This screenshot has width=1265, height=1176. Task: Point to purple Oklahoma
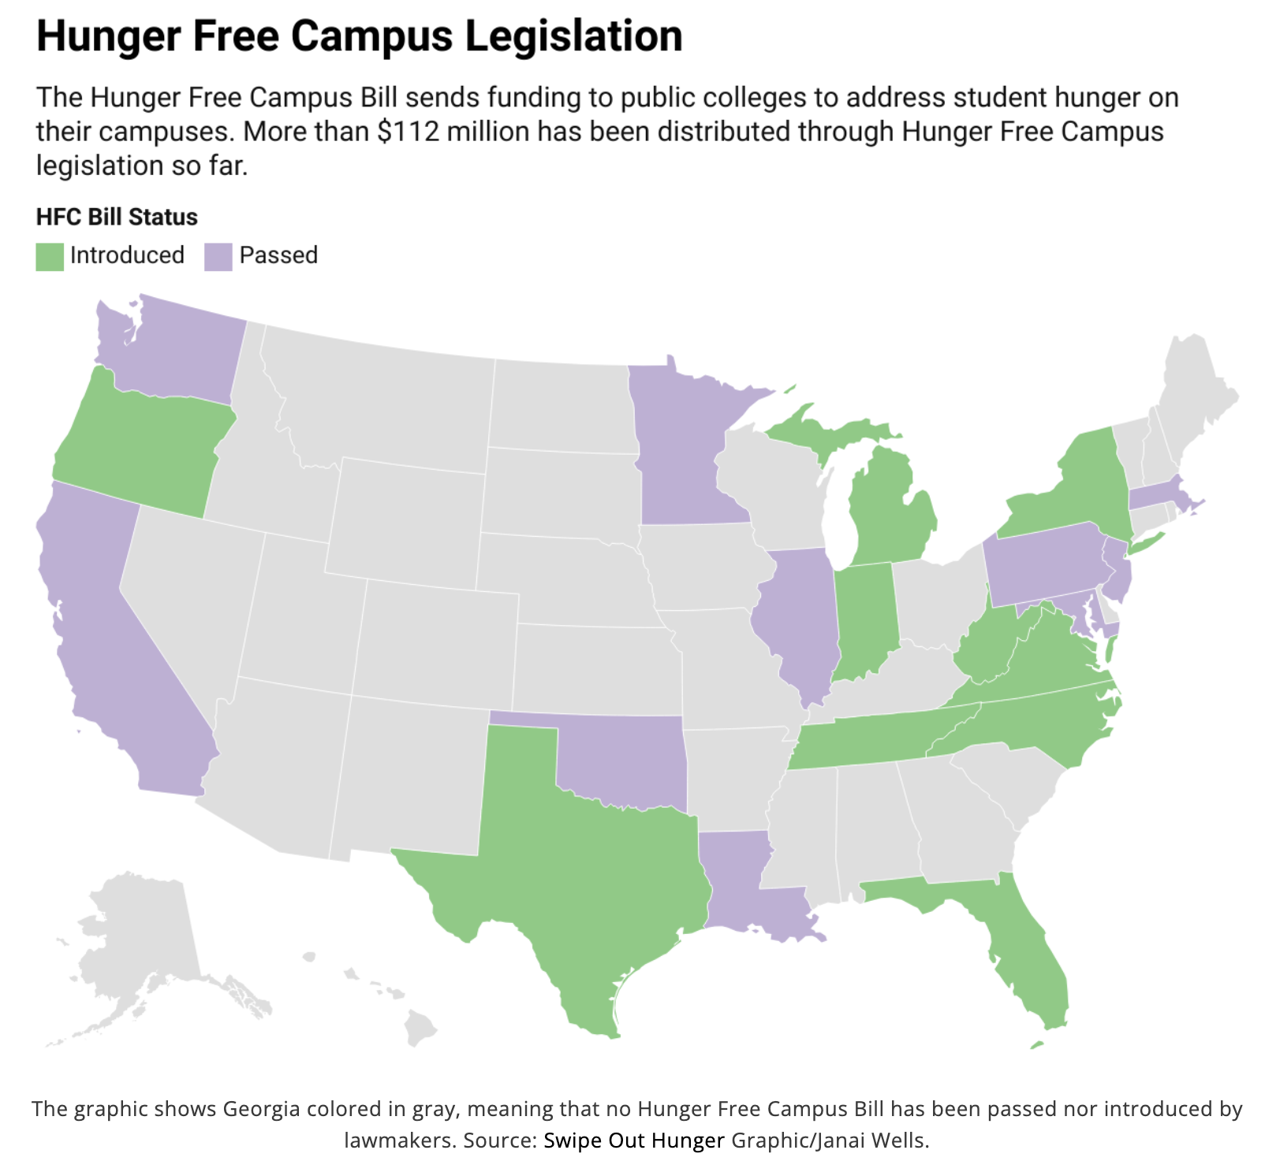point(623,757)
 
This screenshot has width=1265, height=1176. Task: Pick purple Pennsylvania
point(1041,568)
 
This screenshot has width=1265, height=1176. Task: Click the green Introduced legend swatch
point(50,256)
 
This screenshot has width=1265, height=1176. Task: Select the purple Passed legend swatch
point(218,256)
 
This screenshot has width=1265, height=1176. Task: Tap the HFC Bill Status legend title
point(117,217)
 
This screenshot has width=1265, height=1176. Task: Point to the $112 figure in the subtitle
point(408,132)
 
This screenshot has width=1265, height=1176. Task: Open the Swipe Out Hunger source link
point(633,1141)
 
